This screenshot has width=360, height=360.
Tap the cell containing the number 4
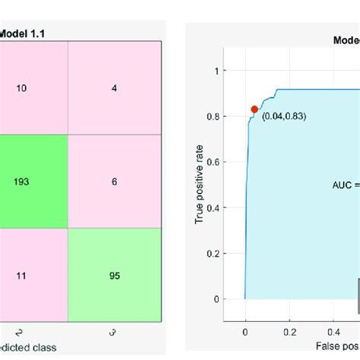tap(114, 88)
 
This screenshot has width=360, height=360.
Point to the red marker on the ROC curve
tap(254, 109)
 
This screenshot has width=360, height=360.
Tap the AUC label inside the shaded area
tap(346, 185)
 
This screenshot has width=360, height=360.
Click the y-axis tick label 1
tap(217, 71)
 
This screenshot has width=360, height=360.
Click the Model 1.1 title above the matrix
tap(23, 33)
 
